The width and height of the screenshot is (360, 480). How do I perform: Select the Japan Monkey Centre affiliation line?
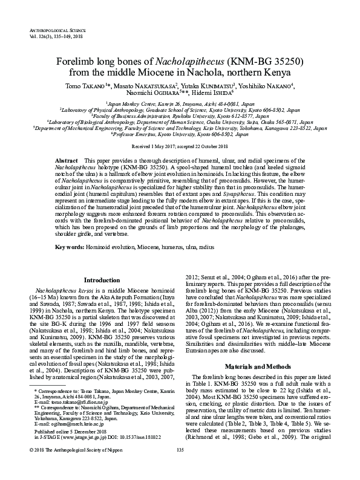pyautogui.click(x=179, y=104)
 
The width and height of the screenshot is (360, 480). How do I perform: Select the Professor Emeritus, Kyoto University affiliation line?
pyautogui.click(x=180, y=134)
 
